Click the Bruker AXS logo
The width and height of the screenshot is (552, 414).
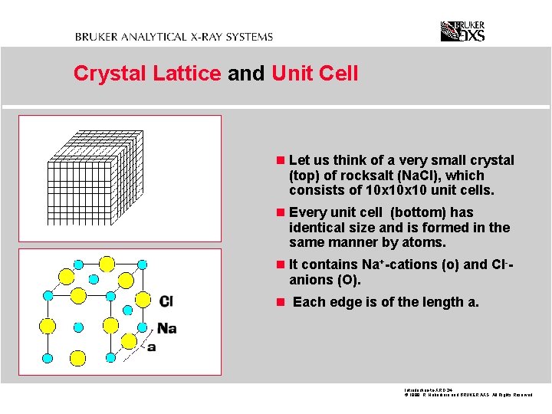[462, 31]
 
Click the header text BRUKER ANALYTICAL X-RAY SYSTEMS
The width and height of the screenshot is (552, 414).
[173, 36]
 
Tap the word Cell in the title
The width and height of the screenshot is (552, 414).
[337, 74]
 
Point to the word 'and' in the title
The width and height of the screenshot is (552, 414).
[245, 74]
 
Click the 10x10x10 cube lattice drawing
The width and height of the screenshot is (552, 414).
[97, 176]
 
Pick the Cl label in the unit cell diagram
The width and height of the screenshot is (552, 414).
[166, 301]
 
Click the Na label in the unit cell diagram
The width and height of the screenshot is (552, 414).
[167, 328]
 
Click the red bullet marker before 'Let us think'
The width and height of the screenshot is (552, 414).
[281, 160]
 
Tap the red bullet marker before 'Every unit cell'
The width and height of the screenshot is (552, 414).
[281, 212]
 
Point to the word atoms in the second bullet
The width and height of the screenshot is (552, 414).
[425, 242]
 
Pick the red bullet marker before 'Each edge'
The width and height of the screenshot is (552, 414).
[281, 302]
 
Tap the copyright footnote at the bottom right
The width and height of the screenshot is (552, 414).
[467, 396]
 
